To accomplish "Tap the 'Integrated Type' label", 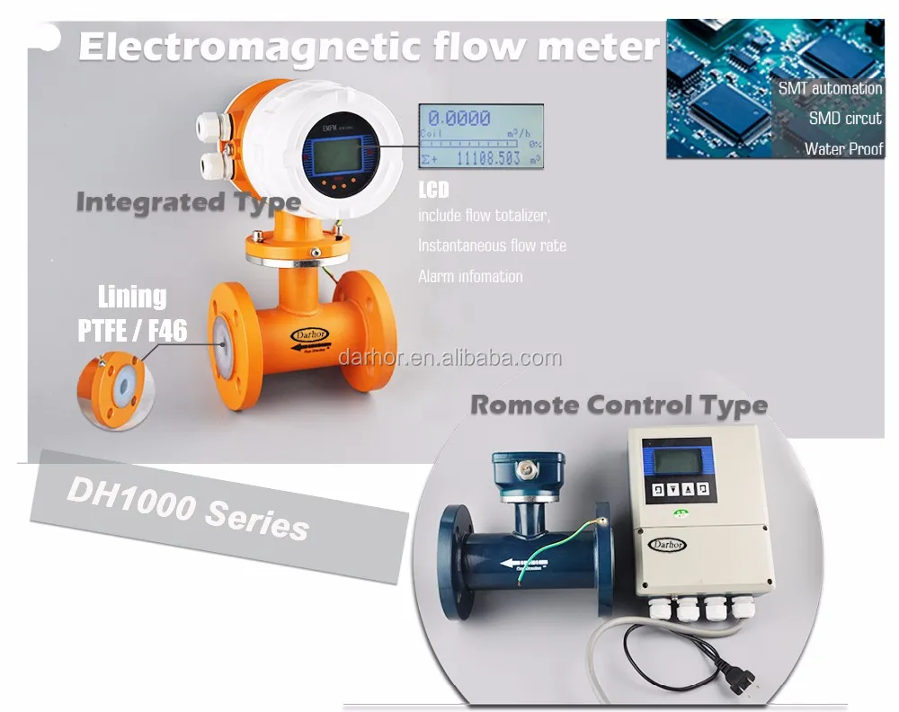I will click(x=187, y=201).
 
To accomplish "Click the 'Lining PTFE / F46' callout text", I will click(x=132, y=315).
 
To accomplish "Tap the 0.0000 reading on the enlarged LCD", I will click(x=458, y=118).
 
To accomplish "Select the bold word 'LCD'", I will click(x=433, y=191).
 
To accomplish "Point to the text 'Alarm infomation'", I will click(x=470, y=276).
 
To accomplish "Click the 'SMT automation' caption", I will click(x=829, y=88).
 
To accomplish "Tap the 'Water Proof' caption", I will click(x=843, y=149).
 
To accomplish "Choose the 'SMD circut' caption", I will click(x=845, y=118).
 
